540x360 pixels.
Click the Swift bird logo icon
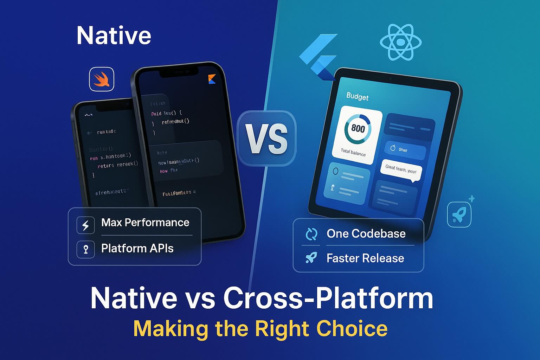tap(102, 79)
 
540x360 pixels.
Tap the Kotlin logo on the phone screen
tap(211, 79)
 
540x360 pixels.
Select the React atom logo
tap(400, 42)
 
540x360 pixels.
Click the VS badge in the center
tap(266, 138)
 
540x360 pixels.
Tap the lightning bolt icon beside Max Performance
tap(85, 225)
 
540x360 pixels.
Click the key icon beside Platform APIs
tap(85, 250)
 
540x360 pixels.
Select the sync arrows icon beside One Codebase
tap(311, 234)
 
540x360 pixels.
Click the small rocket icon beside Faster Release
tap(311, 258)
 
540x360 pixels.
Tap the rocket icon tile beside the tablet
tap(459, 214)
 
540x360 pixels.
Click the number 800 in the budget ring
tap(358, 128)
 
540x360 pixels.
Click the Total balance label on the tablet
tap(353, 152)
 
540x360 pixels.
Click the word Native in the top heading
tap(114, 36)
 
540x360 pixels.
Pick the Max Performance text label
tap(145, 223)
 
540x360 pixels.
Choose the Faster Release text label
tap(365, 258)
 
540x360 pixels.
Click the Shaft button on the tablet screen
tap(404, 150)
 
